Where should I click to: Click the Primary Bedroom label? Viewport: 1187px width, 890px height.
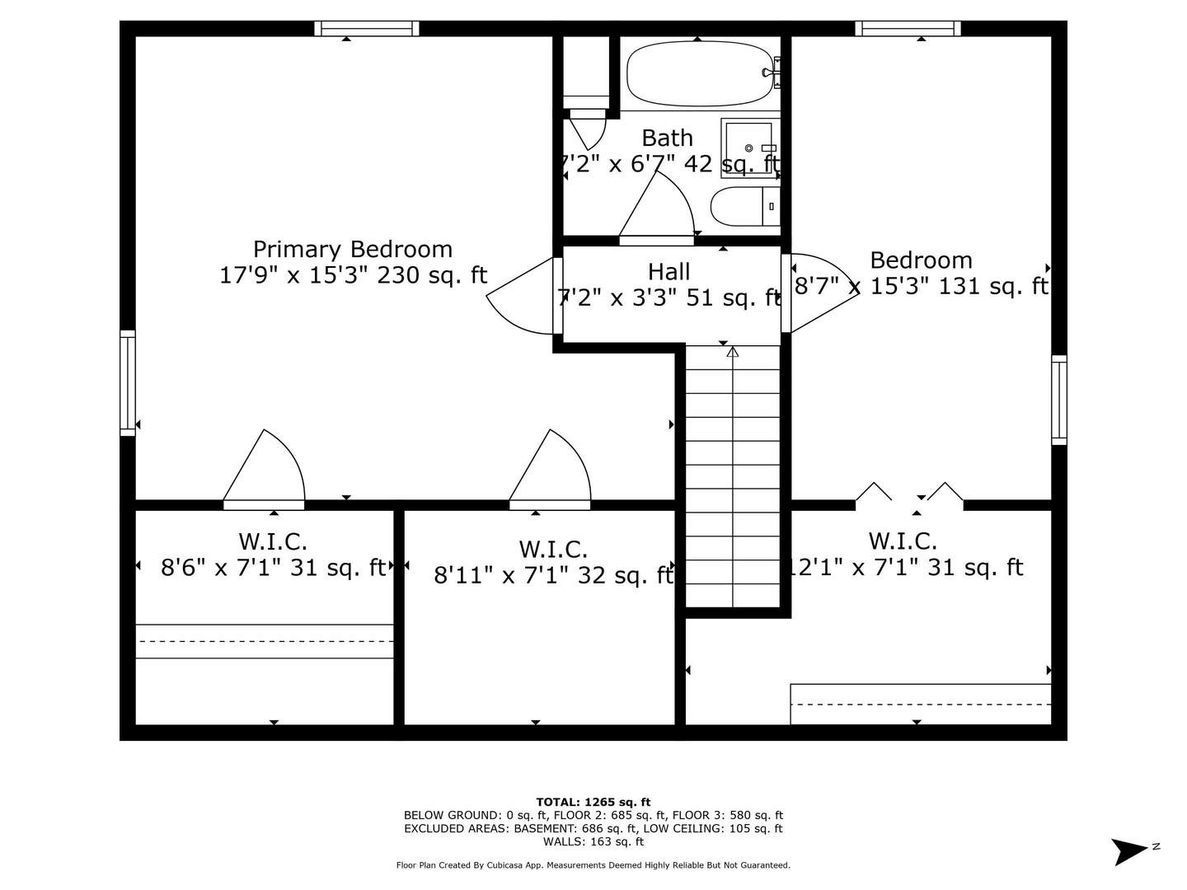pyautogui.click(x=353, y=249)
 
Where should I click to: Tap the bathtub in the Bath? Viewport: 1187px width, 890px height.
pyautogui.click(x=699, y=74)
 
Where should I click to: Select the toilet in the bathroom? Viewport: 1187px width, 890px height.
pyautogui.click(x=744, y=206)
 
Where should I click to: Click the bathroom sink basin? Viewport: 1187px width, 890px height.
pyautogui.click(x=748, y=148)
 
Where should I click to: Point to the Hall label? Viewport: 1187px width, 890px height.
pyautogui.click(x=669, y=271)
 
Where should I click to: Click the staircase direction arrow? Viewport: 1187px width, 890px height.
pyautogui.click(x=732, y=353)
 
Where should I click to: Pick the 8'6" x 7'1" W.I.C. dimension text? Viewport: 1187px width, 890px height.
pyautogui.click(x=273, y=568)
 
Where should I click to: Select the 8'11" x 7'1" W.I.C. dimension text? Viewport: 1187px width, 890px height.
pyautogui.click(x=553, y=575)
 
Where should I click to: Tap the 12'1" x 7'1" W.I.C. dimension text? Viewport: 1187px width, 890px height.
pyautogui.click(x=904, y=568)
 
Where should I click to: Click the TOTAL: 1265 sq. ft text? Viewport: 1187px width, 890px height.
pyautogui.click(x=593, y=802)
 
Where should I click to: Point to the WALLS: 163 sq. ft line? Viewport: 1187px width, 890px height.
pyautogui.click(x=593, y=841)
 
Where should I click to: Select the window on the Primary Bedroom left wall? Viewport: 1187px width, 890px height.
pyautogui.click(x=128, y=382)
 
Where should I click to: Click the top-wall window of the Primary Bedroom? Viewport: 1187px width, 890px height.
pyautogui.click(x=367, y=29)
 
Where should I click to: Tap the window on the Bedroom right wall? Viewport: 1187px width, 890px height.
pyautogui.click(x=1058, y=400)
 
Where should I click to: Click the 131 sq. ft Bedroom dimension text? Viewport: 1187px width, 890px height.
pyautogui.click(x=921, y=286)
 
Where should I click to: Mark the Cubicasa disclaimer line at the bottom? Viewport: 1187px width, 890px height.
pyautogui.click(x=593, y=865)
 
